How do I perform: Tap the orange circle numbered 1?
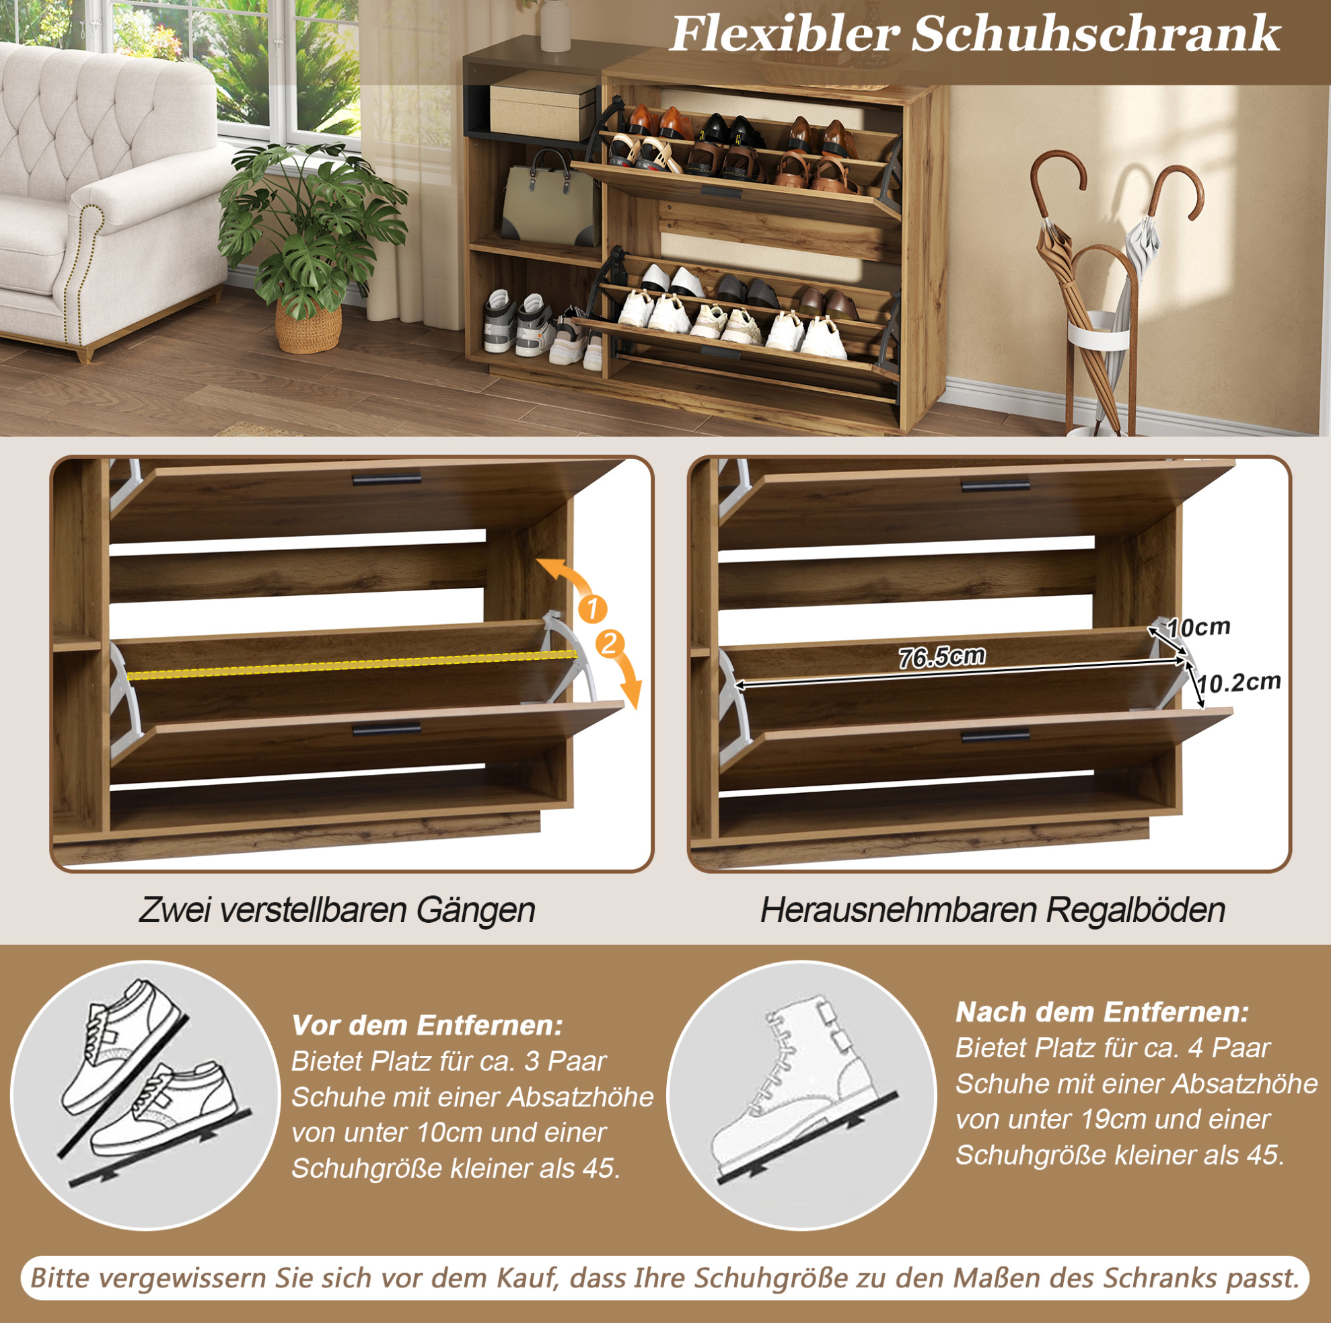pyautogui.click(x=592, y=609)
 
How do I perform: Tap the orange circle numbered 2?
pyautogui.click(x=610, y=644)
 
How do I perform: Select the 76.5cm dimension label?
pyautogui.click(x=941, y=656)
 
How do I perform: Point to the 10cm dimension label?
pyautogui.click(x=1198, y=628)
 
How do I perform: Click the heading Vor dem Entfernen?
pyautogui.click(x=427, y=1025)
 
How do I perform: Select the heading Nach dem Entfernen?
pyautogui.click(x=1102, y=1012)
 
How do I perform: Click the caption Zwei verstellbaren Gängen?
pyautogui.click(x=337, y=910)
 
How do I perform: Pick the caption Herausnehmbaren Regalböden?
pyautogui.click(x=993, y=910)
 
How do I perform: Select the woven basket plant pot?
pyautogui.click(x=308, y=325)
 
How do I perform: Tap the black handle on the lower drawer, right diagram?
pyautogui.click(x=995, y=736)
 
